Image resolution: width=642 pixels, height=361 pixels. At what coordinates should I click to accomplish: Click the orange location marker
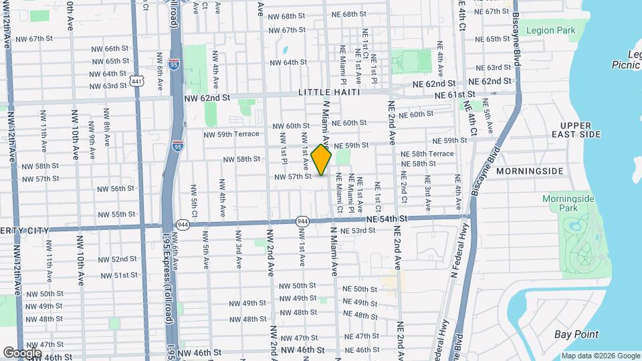(321, 160)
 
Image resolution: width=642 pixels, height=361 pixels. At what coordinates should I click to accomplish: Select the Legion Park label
(550, 30)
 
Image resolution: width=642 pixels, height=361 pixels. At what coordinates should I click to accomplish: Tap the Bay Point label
(576, 334)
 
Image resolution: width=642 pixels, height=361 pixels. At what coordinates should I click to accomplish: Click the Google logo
(22, 352)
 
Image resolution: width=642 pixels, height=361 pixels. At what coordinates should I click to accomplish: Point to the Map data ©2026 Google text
(600, 356)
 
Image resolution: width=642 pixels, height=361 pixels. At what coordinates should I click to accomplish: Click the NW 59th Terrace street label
(231, 134)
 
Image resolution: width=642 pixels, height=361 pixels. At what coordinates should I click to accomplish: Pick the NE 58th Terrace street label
(427, 154)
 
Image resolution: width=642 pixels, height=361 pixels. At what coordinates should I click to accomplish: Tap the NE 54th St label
(387, 219)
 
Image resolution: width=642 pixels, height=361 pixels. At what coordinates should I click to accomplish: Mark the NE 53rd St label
(358, 231)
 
